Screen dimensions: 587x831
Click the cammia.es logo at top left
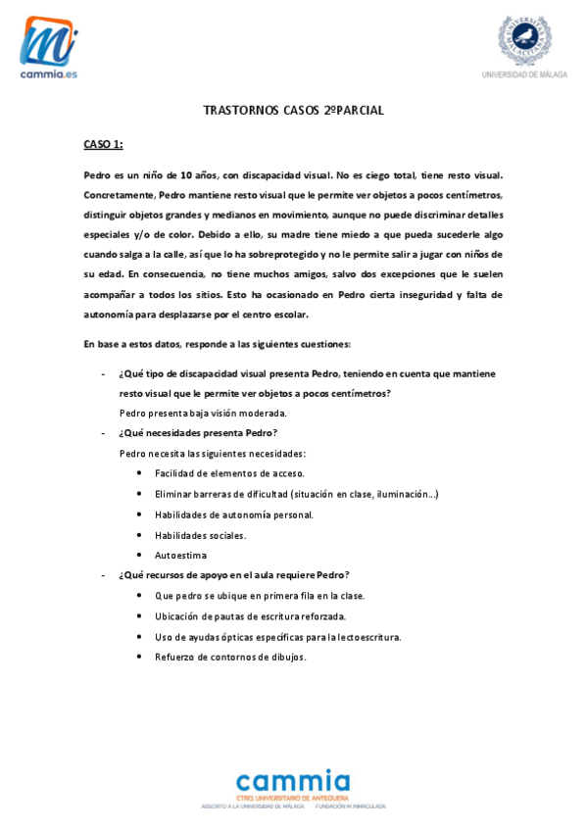49,47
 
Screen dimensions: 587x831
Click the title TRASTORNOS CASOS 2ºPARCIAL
293,111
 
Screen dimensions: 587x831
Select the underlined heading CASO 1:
103,145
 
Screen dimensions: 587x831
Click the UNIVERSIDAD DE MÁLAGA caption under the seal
524,74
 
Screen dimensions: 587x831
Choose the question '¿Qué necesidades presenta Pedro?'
198,433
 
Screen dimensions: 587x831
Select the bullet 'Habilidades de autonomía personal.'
234,514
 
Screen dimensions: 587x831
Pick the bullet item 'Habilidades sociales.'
201,535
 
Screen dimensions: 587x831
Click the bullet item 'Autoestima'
180,556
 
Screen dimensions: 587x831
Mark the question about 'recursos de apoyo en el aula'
234,575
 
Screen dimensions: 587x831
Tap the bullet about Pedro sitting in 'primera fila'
260,596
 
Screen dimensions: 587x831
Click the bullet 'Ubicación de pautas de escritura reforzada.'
250,616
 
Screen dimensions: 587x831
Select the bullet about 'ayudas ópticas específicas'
277,637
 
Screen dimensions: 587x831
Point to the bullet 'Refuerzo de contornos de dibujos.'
230,657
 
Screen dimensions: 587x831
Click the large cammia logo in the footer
293,783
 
